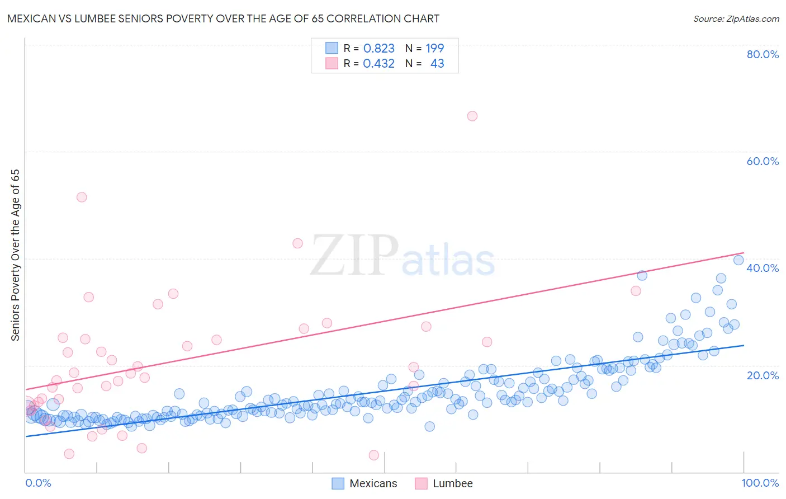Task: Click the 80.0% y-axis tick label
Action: coord(763,54)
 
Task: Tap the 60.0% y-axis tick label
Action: coord(763,161)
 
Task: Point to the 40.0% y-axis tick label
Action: coord(763,268)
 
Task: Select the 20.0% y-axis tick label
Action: coord(763,375)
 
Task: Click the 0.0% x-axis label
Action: coord(38,483)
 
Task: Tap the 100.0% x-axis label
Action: coord(760,483)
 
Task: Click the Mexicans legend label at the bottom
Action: coord(373,483)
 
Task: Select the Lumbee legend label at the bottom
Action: coord(452,483)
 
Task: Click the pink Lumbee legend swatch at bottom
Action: coord(421,483)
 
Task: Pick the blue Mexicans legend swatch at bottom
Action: coord(338,483)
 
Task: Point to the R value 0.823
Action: coord(378,49)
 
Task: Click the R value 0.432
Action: coord(378,64)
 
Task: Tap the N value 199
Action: coord(434,49)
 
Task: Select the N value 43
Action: coord(437,64)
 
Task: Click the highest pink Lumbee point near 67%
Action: coord(472,116)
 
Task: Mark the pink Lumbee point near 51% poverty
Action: coord(82,197)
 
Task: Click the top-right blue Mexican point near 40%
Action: coord(738,260)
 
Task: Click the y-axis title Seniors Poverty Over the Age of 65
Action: coord(15,255)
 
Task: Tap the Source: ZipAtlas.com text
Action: coord(736,19)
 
